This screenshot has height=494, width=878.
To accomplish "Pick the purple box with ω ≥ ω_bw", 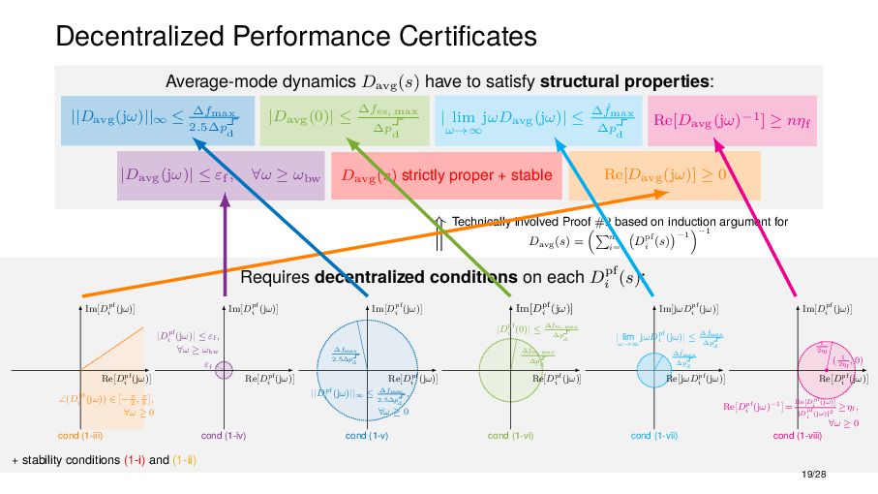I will click(x=221, y=175).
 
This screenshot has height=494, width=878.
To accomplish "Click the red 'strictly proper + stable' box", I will click(x=446, y=175).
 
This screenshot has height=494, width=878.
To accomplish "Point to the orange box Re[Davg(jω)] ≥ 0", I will click(x=665, y=175).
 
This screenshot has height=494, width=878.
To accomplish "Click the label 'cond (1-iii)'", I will click(x=78, y=437).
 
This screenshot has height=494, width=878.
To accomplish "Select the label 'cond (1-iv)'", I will click(x=224, y=437).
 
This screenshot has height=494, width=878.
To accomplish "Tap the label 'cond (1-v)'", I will click(x=368, y=437).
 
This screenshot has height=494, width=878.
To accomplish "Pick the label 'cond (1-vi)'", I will click(x=512, y=437).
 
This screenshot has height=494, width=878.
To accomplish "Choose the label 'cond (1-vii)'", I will click(x=655, y=437).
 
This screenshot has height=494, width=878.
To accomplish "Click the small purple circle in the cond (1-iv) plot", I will click(x=225, y=369).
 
